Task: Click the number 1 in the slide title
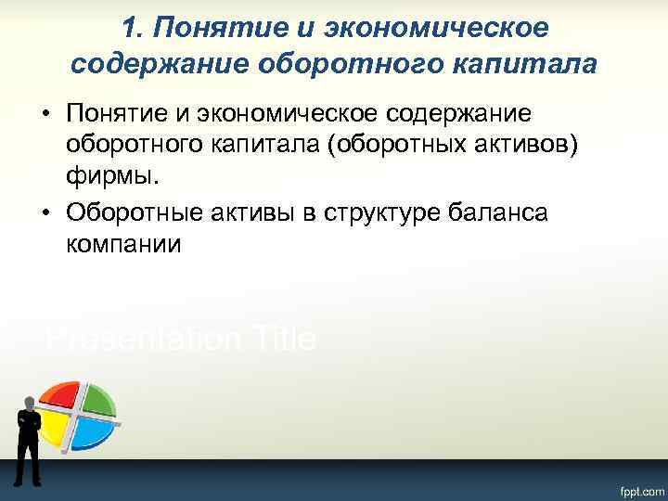pyautogui.click(x=129, y=29)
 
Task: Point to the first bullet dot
pyautogui.click(x=45, y=113)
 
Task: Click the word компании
pyautogui.click(x=122, y=246)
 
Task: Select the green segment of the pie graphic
pyautogui.click(x=96, y=396)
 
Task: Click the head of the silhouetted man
pyautogui.click(x=28, y=402)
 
